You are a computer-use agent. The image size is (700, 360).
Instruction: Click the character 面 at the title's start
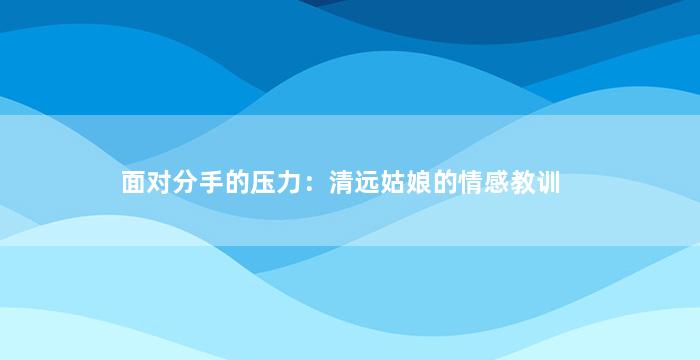click(134, 182)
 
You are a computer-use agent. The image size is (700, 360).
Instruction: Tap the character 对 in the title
click(159, 182)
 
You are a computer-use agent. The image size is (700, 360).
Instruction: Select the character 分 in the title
click(185, 182)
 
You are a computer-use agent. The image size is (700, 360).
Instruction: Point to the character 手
click(211, 182)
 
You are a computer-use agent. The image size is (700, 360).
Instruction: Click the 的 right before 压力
click(237, 182)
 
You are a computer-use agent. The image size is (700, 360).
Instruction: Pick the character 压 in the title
click(262, 182)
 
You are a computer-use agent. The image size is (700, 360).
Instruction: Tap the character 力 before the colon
click(288, 182)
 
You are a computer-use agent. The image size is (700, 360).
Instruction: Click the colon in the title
click(310, 184)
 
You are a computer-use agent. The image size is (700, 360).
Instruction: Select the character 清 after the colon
click(342, 182)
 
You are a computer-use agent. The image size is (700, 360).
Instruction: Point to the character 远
click(367, 182)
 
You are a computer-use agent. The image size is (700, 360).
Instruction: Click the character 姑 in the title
click(393, 182)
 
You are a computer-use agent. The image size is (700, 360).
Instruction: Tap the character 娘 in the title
click(419, 182)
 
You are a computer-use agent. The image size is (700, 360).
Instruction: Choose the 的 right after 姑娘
click(445, 182)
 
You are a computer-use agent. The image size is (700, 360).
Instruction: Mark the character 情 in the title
click(471, 182)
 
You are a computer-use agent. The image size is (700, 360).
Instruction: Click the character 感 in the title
click(496, 182)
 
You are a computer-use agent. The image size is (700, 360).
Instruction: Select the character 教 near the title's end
click(522, 182)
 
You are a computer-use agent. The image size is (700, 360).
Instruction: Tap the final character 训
click(548, 182)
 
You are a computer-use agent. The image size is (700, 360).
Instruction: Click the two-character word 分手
click(198, 182)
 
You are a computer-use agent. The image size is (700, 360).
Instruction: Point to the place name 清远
click(354, 182)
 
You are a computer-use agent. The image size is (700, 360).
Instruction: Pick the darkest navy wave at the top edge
click(491, 18)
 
